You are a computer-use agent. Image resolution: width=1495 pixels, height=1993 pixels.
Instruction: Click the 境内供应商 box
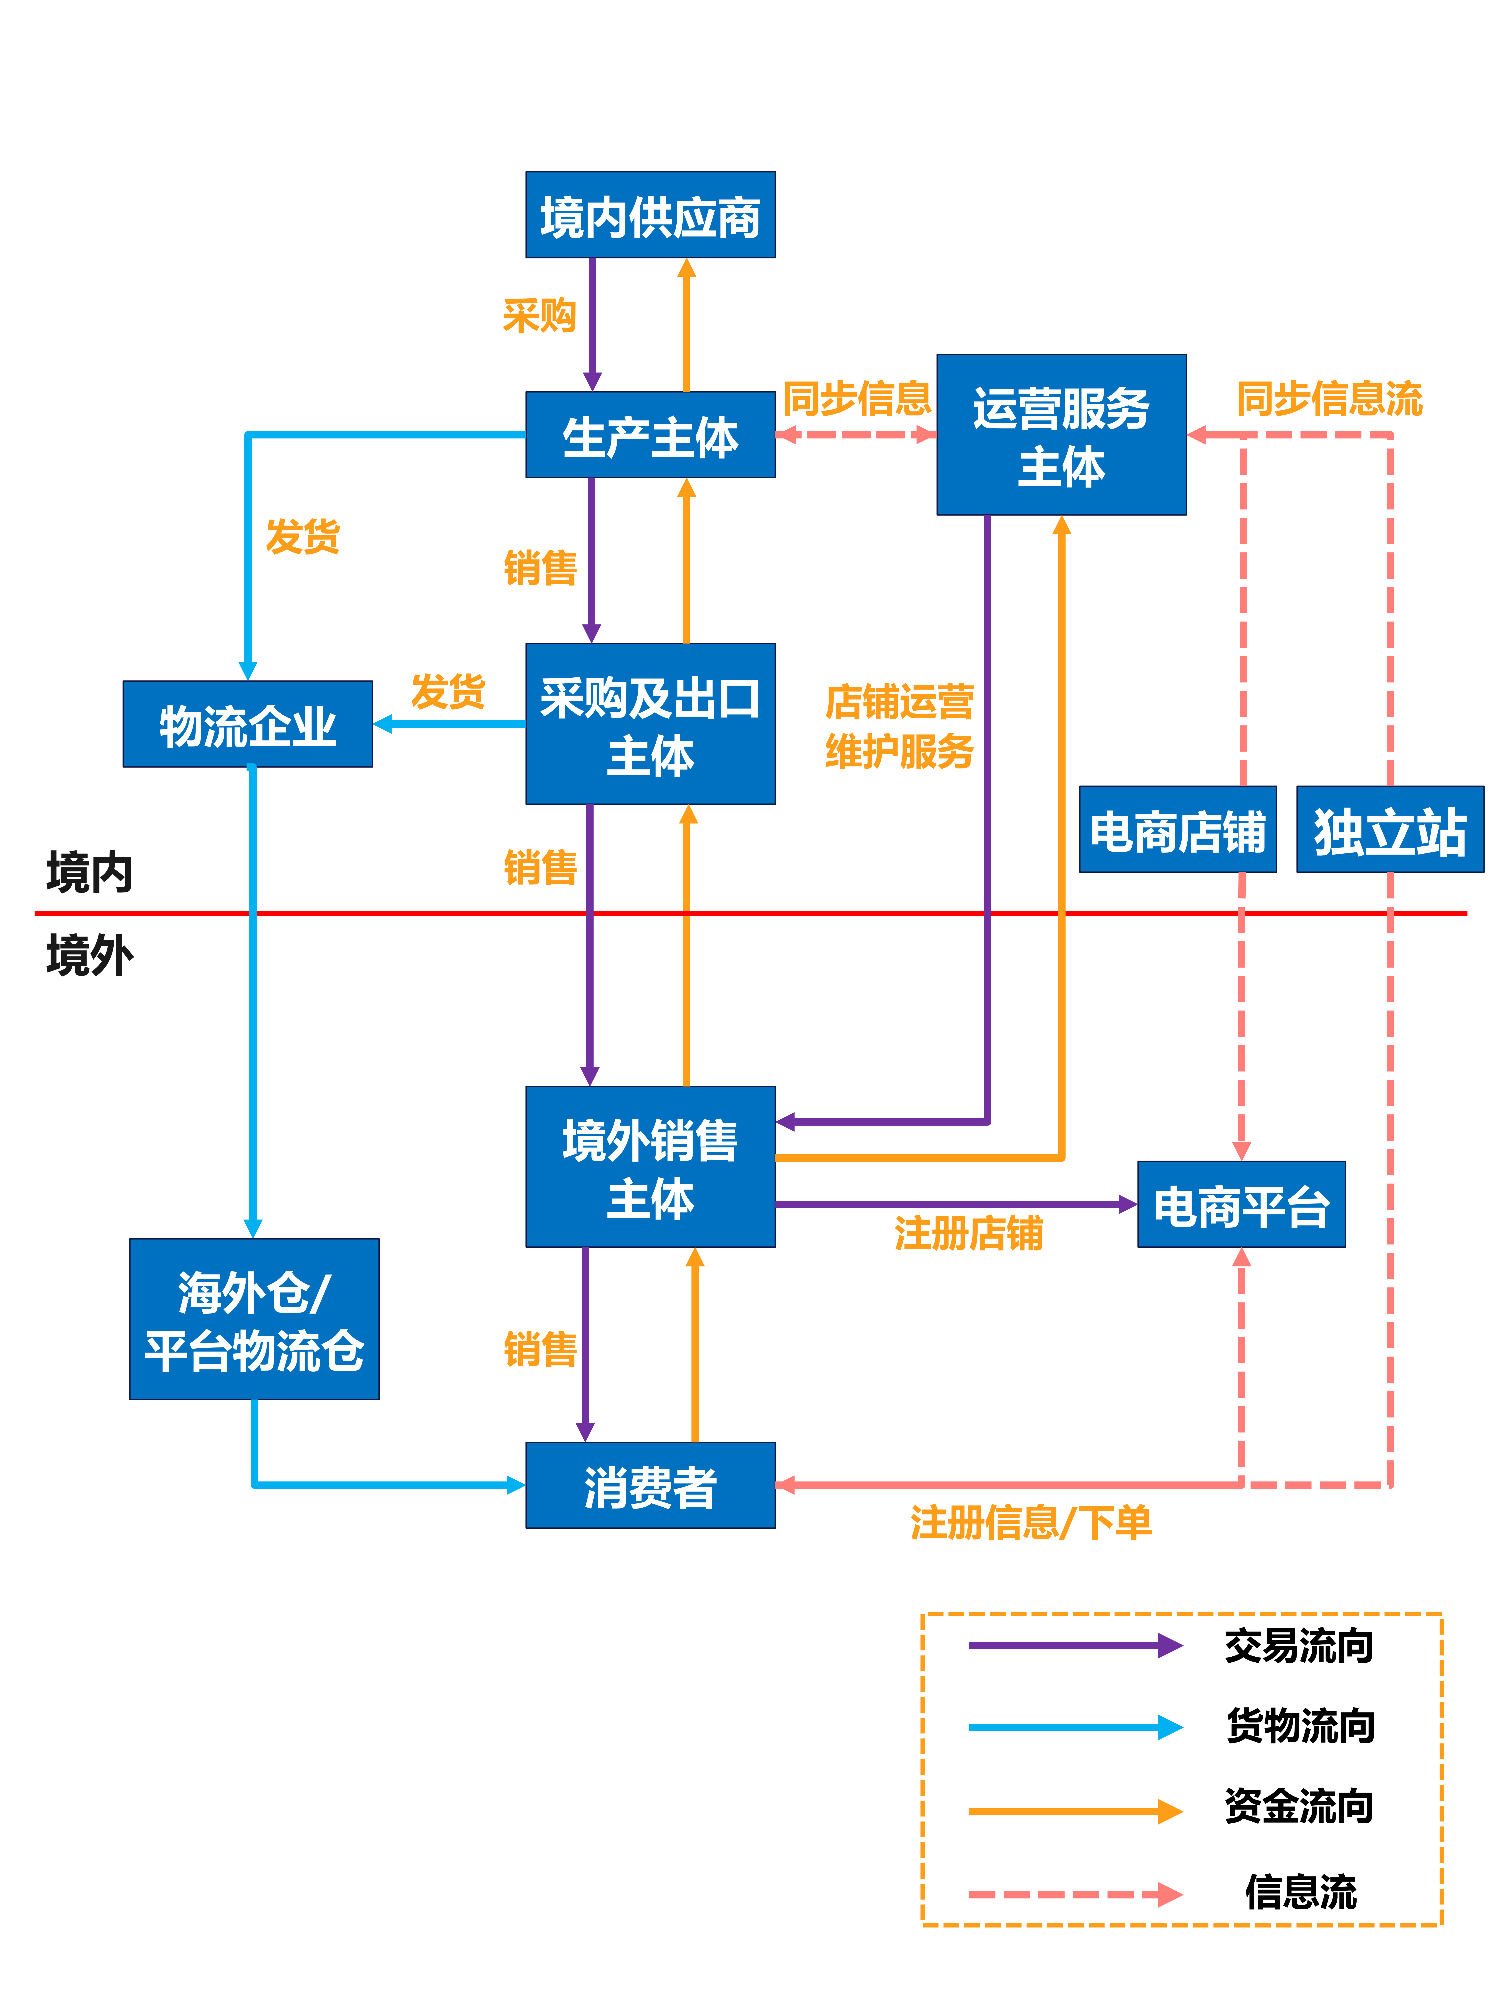[x=650, y=215]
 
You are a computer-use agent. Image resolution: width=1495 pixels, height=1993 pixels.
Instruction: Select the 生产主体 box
[x=650, y=435]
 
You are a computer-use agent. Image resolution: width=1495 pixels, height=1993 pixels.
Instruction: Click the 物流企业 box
[x=248, y=724]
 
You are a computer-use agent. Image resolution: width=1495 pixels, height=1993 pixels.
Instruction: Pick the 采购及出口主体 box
[x=650, y=724]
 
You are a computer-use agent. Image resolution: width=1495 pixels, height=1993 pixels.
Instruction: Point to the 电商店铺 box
[x=1178, y=830]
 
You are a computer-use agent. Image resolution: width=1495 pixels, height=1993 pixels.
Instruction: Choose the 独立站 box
[x=1390, y=830]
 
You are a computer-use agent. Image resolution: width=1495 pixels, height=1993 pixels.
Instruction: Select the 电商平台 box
[x=1241, y=1205]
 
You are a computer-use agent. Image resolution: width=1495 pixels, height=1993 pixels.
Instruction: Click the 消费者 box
[x=650, y=1485]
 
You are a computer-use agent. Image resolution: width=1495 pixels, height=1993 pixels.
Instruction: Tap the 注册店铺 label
[x=969, y=1233]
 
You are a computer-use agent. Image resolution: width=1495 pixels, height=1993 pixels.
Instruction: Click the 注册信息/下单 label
[x=1030, y=1523]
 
